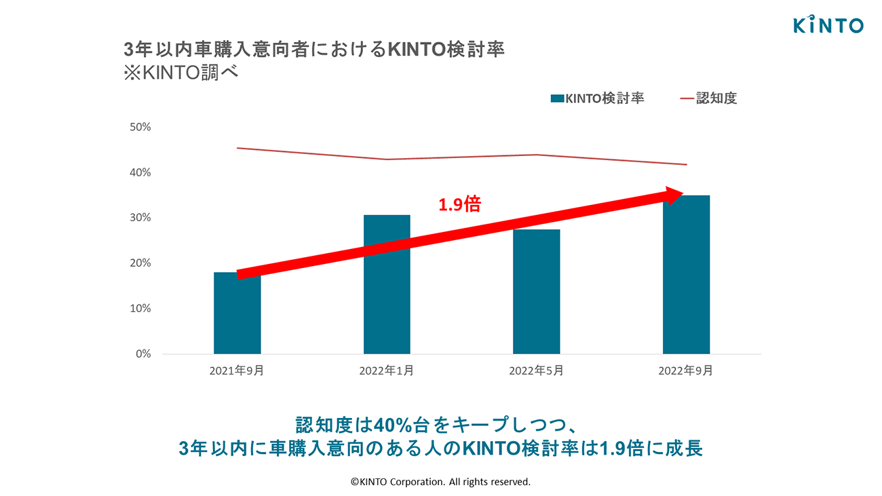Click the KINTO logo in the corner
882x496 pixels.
coord(828,25)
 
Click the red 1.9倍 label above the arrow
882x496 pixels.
coord(459,204)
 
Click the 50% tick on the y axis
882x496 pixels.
coord(140,128)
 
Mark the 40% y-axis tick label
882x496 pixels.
coord(140,173)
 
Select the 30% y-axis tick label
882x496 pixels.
coord(140,218)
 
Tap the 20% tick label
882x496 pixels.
coord(140,263)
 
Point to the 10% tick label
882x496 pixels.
coord(140,309)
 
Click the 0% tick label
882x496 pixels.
coord(142,354)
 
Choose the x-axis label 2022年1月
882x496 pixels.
coord(386,371)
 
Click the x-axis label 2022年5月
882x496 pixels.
coord(536,371)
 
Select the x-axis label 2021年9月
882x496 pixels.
coord(237,371)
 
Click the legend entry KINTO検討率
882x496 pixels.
coord(597,98)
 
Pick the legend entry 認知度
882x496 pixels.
coord(708,98)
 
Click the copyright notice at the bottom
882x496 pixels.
coord(440,482)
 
